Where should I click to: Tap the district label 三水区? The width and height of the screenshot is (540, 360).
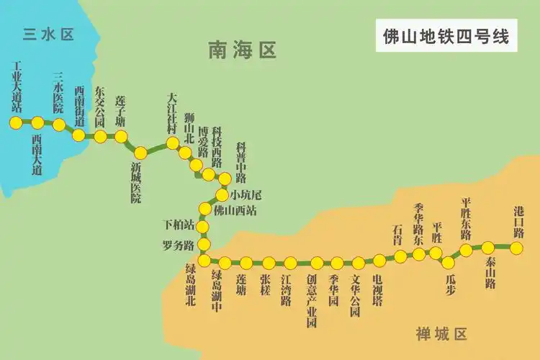click(x=49, y=34)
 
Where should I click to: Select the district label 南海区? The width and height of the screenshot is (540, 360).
click(x=243, y=50)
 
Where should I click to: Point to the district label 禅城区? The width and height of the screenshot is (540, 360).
click(x=441, y=334)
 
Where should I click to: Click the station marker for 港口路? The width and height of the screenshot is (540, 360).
click(x=516, y=248)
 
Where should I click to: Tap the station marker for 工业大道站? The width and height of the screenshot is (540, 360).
click(x=16, y=122)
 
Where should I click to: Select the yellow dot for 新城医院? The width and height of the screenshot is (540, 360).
click(x=141, y=153)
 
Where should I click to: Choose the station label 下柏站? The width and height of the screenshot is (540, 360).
click(x=180, y=225)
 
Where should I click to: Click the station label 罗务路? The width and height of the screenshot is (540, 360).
click(x=179, y=245)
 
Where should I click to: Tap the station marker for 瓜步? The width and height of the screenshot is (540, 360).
click(x=449, y=263)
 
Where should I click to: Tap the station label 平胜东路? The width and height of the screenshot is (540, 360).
click(x=466, y=219)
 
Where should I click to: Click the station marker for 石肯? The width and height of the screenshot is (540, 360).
click(x=400, y=256)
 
